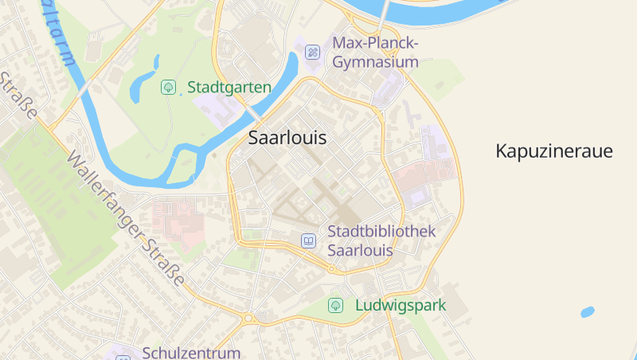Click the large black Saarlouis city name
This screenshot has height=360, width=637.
point(287,137)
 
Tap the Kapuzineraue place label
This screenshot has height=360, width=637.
point(554,151)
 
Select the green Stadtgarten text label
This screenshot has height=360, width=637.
point(229,87)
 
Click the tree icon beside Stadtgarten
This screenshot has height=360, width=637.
point(168,87)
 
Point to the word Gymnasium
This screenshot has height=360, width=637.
point(375,62)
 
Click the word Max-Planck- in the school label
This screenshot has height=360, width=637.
point(375,43)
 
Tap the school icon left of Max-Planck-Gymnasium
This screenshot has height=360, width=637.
point(313,52)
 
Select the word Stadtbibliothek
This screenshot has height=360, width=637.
point(381,231)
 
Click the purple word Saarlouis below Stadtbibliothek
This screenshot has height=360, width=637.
point(361,250)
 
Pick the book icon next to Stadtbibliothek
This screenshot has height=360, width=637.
point(308,241)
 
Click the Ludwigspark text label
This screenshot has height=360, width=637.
point(401,305)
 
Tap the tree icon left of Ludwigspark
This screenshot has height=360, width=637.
point(336,305)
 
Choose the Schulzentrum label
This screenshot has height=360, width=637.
point(191,352)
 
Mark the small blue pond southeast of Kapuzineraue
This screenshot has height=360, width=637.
point(588,312)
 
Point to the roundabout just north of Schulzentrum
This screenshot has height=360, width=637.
point(248,318)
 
